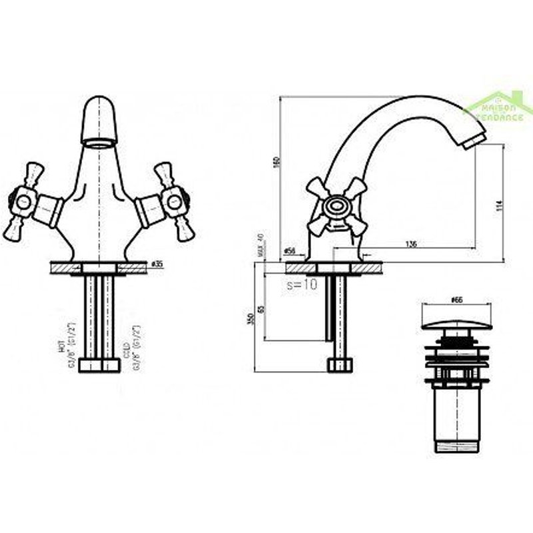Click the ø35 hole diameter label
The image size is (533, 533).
(157, 263)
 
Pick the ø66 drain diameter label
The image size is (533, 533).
(456, 300)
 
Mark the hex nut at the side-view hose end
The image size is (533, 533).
(339, 364)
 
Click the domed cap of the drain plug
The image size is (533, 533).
(456, 324)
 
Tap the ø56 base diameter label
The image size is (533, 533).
(290, 251)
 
